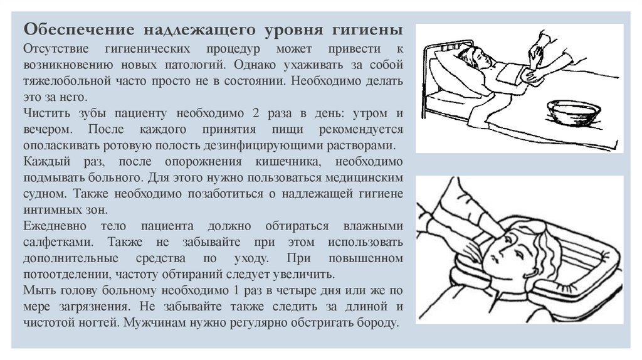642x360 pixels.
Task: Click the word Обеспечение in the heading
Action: point(79,30)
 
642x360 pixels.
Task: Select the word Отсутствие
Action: point(56,48)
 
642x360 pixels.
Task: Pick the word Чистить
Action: point(47,113)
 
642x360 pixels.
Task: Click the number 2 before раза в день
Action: point(256,113)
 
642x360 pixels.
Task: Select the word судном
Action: point(45,194)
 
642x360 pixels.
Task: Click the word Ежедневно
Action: point(55,226)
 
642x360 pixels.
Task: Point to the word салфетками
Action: point(58,242)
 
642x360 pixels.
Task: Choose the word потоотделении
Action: point(67,275)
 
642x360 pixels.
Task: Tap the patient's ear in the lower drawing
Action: point(532,272)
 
